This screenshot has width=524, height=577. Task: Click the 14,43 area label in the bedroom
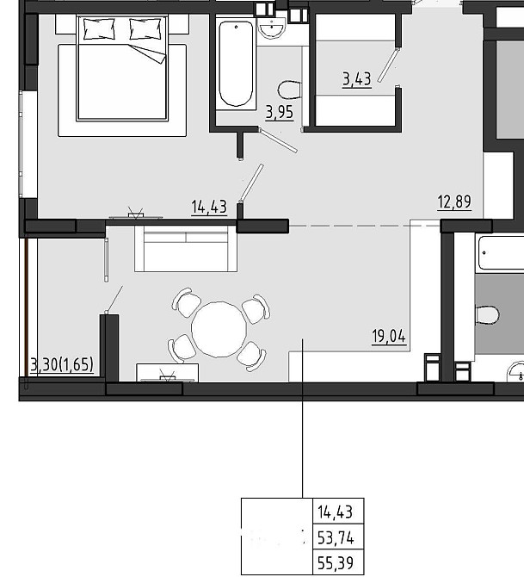coord(209,207)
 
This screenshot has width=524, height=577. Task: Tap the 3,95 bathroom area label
coord(280,112)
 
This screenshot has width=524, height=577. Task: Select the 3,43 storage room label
coord(357,78)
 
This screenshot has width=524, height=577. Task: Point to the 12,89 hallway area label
coord(454,202)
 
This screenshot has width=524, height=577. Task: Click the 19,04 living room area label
coord(389,336)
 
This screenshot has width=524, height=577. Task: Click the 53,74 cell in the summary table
coord(336,538)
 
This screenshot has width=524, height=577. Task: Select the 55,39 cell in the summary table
coord(336,562)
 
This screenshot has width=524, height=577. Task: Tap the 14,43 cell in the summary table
coord(336,512)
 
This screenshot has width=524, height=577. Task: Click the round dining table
coord(219,329)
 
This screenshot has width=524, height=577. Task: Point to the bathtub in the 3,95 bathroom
coord(236,63)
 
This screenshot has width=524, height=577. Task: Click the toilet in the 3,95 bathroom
coord(290,90)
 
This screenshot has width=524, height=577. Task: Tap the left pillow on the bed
coord(99,29)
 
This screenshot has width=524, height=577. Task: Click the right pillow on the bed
coord(145,29)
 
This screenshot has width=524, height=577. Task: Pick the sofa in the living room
coord(186,248)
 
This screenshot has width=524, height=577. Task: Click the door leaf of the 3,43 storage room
coord(388,65)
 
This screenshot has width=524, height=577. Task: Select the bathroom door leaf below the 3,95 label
coord(278,140)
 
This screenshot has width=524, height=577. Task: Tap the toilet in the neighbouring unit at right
coord(488,315)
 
